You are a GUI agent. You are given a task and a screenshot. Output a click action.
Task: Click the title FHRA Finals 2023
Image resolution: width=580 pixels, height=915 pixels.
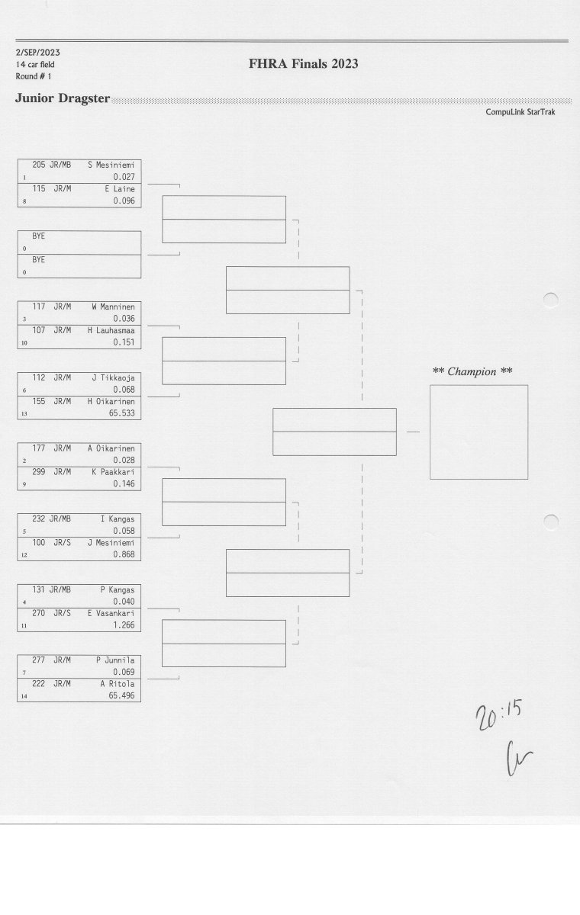[303, 64]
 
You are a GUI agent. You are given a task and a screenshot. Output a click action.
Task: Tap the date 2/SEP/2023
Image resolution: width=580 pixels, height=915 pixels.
[38, 53]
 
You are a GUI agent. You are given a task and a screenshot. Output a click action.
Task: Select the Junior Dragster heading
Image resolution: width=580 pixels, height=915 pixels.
[63, 98]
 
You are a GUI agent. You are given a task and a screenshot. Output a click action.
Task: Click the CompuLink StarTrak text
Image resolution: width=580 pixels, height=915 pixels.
[520, 112]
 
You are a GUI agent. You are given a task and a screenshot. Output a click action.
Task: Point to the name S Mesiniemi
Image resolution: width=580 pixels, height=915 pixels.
[111, 165]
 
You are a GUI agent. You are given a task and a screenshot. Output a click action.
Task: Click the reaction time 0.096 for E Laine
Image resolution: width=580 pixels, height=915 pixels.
[124, 201]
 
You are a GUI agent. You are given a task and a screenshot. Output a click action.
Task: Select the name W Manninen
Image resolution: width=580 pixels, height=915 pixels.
[113, 307]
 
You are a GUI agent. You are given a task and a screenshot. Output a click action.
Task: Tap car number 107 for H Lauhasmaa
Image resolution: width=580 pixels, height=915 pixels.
[39, 330]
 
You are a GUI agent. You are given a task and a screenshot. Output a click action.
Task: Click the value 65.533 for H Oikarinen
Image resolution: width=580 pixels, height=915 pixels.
[122, 413]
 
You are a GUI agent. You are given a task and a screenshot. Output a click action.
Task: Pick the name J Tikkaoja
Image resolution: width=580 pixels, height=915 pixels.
[113, 378]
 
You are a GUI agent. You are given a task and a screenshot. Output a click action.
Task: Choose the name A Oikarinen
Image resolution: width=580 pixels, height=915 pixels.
[111, 448]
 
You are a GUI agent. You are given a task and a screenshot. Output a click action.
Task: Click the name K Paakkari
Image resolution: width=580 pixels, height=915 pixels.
[113, 472]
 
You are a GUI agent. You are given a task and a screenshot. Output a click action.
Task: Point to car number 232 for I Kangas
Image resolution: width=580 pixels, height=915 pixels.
[39, 518]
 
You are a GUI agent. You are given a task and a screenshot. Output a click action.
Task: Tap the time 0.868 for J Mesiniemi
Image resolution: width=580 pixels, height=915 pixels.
[124, 554]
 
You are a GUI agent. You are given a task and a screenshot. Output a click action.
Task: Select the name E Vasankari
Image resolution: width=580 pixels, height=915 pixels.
[111, 614]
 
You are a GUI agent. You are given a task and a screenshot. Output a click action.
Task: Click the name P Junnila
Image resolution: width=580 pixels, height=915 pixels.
[115, 660]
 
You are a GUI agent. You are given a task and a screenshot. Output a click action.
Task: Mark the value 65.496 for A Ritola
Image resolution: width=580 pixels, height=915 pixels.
[122, 695]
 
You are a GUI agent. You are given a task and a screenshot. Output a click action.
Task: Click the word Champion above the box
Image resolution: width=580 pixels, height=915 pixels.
[472, 372]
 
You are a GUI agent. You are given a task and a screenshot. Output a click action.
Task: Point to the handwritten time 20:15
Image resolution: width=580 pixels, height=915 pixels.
[499, 714]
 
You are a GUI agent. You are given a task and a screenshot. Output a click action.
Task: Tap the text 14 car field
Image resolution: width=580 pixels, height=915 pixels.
[35, 65]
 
